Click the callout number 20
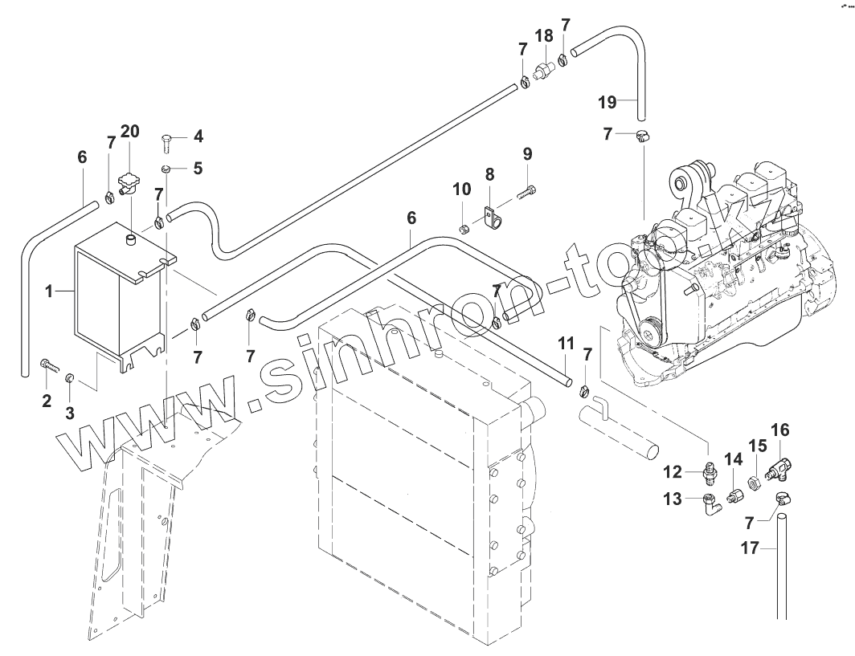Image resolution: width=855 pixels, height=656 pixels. (x=129, y=131)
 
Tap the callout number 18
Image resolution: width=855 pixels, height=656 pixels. (x=544, y=35)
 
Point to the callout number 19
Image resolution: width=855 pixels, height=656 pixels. (x=607, y=102)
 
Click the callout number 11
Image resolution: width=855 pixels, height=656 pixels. (x=566, y=344)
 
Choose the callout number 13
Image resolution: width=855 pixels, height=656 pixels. (x=673, y=499)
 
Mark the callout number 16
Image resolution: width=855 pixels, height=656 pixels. (x=780, y=430)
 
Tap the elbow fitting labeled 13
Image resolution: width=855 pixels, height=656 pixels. (x=710, y=503)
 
